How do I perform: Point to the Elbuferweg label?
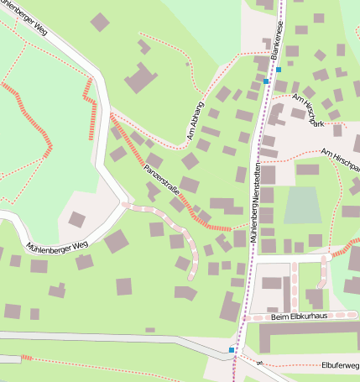(340, 366)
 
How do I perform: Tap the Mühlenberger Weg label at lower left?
(57, 247)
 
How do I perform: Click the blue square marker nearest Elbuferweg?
(232, 348)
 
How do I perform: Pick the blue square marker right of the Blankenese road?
(279, 69)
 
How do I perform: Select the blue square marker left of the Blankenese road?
(266, 81)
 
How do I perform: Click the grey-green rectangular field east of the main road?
(302, 205)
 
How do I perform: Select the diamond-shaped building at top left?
(100, 22)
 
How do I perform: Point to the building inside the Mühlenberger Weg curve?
(76, 219)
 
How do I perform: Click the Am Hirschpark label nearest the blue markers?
(307, 109)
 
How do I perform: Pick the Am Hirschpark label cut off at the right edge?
(341, 160)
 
